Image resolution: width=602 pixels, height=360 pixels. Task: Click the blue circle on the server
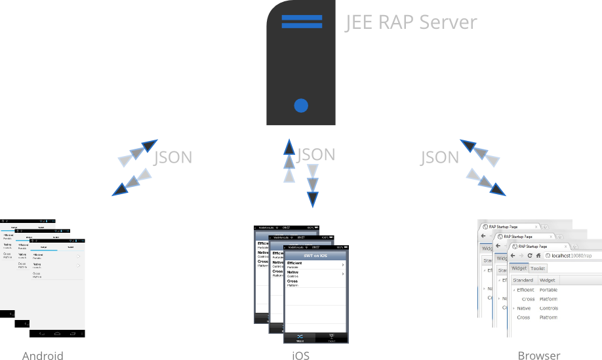point(301,105)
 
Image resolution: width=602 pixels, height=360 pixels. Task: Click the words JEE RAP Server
point(411,22)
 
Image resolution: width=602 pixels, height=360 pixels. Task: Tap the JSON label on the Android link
point(173,158)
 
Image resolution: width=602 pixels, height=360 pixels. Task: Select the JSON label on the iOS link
point(316,155)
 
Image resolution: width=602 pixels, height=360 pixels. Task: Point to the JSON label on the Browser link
point(439,157)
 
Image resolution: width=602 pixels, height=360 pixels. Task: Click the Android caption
point(43,355)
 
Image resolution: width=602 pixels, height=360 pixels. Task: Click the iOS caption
point(300,355)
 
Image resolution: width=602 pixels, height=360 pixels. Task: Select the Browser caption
point(539,355)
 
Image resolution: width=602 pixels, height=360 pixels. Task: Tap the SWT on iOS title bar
point(315,255)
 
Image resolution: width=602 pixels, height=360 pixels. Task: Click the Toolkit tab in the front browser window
point(538,268)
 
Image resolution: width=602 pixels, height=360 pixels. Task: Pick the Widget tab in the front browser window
point(519,268)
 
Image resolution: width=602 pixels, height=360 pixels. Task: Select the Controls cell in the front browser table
point(548,308)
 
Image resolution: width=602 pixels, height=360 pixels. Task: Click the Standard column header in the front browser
point(523,281)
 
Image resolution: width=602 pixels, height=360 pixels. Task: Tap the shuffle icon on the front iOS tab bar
point(300,337)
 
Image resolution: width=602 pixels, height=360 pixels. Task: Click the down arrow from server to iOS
point(313,184)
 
